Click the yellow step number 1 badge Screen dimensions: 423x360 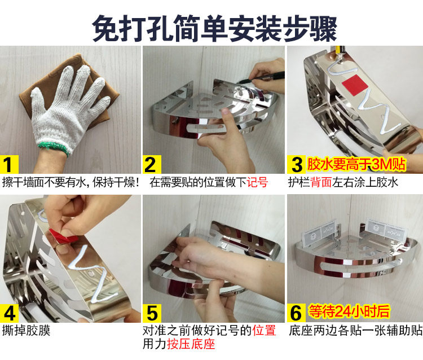[x=9, y=164]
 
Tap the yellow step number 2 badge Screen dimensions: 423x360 [x=152, y=164]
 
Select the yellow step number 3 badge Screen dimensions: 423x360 [x=296, y=164]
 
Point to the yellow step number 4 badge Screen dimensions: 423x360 [x=9, y=313]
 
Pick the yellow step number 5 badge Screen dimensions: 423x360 [x=152, y=313]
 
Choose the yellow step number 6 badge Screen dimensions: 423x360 [x=296, y=313]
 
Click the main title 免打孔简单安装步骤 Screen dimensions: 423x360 [x=214, y=28]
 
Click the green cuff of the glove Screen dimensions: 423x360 [x=54, y=148]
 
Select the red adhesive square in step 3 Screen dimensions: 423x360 [x=355, y=85]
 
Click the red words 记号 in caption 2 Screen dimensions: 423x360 [x=257, y=182]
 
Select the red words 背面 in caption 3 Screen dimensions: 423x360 [x=321, y=182]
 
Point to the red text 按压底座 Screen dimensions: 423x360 [x=191, y=344]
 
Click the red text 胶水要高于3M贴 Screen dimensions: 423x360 [x=356, y=164]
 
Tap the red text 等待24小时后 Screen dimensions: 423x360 [x=349, y=311]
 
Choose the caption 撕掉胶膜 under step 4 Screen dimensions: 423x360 [x=26, y=331]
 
